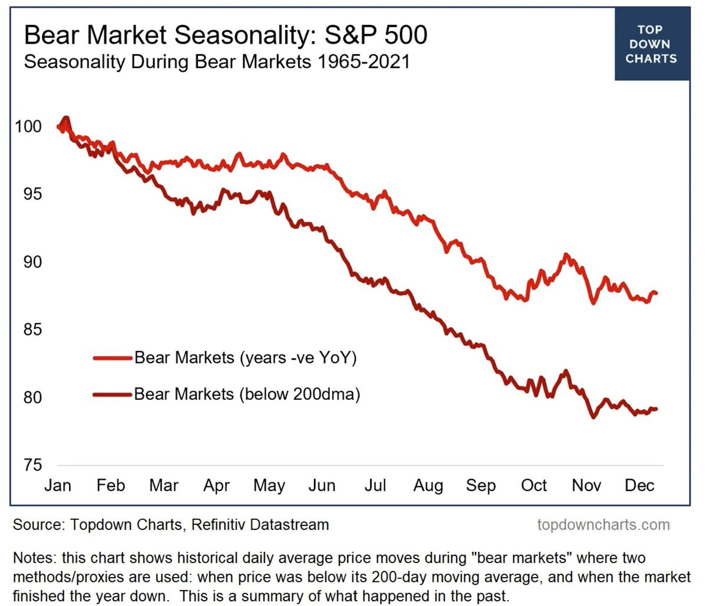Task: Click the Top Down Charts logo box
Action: click(652, 44)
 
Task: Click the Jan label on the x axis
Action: click(58, 485)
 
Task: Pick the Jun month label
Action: click(322, 485)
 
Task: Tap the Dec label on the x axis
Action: click(639, 485)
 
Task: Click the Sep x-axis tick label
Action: click(481, 485)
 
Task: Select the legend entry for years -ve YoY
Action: click(246, 357)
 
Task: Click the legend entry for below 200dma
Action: click(247, 393)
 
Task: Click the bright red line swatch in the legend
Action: click(112, 357)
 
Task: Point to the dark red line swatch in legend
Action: click(112, 394)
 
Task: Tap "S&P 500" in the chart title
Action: click(376, 36)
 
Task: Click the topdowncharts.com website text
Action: click(603, 524)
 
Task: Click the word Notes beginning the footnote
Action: click(34, 558)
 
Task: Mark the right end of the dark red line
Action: click(656, 409)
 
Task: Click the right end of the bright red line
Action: click(656, 293)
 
